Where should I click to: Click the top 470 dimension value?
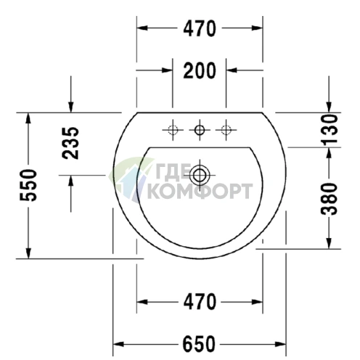[200, 28]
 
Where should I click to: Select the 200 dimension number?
[200, 70]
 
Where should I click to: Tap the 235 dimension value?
[70, 143]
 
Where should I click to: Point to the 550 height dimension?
[28, 185]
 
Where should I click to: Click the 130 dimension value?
[329, 129]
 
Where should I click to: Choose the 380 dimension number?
[329, 199]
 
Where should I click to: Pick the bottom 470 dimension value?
[200, 302]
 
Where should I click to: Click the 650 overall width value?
[199, 344]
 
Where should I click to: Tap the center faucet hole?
[200, 130]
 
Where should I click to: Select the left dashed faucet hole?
[173, 130]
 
